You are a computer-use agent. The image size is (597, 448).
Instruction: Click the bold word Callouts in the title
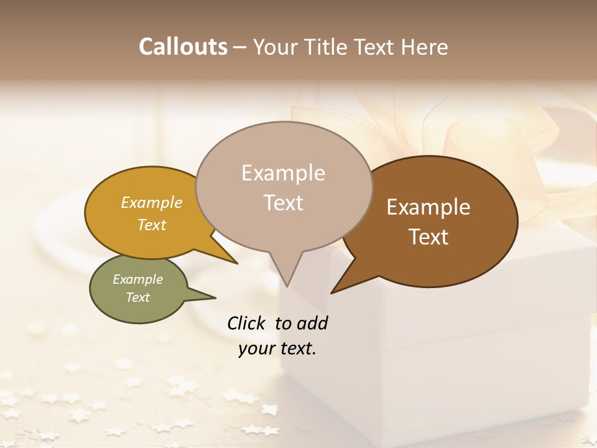coord(183,47)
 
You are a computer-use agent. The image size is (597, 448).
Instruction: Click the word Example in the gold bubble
coord(152,202)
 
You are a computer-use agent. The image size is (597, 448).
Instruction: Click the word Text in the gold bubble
coord(152,225)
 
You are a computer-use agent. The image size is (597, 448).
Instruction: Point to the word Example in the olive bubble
coord(138,279)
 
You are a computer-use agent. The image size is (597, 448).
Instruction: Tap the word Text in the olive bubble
coord(138,297)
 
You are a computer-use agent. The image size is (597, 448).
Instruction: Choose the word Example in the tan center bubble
coord(283,173)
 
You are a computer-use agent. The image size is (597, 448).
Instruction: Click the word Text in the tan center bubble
coord(284,202)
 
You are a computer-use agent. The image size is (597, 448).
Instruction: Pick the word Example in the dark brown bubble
coord(428,207)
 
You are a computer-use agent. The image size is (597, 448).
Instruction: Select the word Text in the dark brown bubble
coord(429,236)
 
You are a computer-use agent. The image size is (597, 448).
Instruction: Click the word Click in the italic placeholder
coord(248,323)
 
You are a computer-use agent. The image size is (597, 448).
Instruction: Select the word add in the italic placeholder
coord(313,323)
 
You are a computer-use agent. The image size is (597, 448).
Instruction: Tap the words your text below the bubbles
coord(277,348)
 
